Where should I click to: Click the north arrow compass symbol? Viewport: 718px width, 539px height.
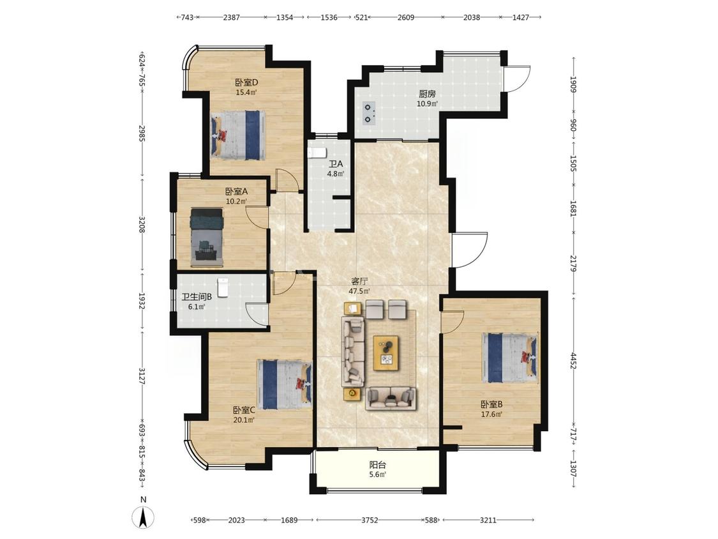click(x=143, y=518)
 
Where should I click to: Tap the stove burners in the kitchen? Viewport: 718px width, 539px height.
click(x=369, y=113)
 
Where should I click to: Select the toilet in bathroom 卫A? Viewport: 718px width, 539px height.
click(x=317, y=153)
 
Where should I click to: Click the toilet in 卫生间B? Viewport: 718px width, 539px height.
click(x=223, y=288)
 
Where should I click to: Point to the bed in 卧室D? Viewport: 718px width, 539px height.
click(x=238, y=135)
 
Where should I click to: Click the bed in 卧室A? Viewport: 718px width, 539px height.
click(x=207, y=237)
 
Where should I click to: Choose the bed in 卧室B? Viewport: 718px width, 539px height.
click(x=510, y=358)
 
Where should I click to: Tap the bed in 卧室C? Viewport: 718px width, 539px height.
click(x=285, y=384)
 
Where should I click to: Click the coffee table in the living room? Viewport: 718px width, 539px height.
click(x=385, y=353)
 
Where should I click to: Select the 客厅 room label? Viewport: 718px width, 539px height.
click(x=359, y=282)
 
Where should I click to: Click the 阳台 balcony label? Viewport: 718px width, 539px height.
click(x=378, y=465)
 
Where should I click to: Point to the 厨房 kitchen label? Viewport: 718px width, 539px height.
click(x=427, y=94)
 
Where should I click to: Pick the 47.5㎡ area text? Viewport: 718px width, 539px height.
click(x=359, y=291)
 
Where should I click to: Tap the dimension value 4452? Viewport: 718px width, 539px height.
click(x=573, y=360)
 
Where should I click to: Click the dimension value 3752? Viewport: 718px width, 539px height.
click(x=370, y=520)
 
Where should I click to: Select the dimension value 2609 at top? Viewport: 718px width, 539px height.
click(x=406, y=17)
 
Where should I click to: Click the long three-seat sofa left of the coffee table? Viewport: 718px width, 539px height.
click(x=353, y=351)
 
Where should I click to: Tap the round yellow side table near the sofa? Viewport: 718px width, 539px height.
click(x=352, y=393)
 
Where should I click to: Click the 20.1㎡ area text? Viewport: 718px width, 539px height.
click(x=244, y=419)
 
